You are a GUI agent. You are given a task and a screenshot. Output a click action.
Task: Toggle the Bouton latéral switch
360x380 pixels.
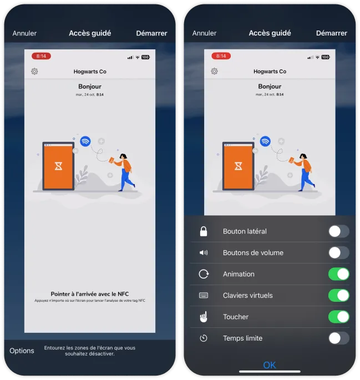click(x=338, y=231)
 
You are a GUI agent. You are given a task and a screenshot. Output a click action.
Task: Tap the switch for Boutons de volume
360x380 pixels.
click(x=338, y=252)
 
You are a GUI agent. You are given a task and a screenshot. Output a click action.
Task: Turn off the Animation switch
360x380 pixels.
click(x=338, y=274)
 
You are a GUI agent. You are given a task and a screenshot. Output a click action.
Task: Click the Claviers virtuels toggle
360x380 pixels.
click(x=338, y=295)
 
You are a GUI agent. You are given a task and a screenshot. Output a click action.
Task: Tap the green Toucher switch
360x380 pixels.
click(x=338, y=317)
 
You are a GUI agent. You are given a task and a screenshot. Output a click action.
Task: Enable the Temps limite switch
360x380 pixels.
click(x=338, y=338)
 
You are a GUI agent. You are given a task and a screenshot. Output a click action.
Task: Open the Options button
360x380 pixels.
click(x=22, y=351)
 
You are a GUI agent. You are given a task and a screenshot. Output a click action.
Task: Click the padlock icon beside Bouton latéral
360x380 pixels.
click(x=204, y=231)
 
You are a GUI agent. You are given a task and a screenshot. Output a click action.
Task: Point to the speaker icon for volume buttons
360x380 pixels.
click(x=204, y=253)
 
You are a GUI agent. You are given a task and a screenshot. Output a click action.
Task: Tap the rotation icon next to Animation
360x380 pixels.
click(x=204, y=274)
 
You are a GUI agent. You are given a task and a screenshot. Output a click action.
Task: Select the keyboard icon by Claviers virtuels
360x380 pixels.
click(x=204, y=295)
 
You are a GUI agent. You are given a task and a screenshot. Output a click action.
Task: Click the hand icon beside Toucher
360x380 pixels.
click(x=204, y=317)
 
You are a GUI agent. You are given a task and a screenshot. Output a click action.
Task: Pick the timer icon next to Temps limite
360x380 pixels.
click(x=204, y=338)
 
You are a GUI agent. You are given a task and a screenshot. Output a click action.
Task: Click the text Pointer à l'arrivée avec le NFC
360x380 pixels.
click(x=89, y=294)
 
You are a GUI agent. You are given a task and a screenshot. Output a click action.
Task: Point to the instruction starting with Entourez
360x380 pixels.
click(x=90, y=351)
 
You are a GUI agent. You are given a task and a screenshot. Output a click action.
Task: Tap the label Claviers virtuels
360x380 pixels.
click(x=248, y=296)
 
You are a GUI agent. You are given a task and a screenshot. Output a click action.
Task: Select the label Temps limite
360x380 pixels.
click(x=242, y=338)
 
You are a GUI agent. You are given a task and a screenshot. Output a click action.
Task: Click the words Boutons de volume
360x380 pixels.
click(x=253, y=253)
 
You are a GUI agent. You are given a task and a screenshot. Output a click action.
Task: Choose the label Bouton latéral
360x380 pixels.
click(x=245, y=231)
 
